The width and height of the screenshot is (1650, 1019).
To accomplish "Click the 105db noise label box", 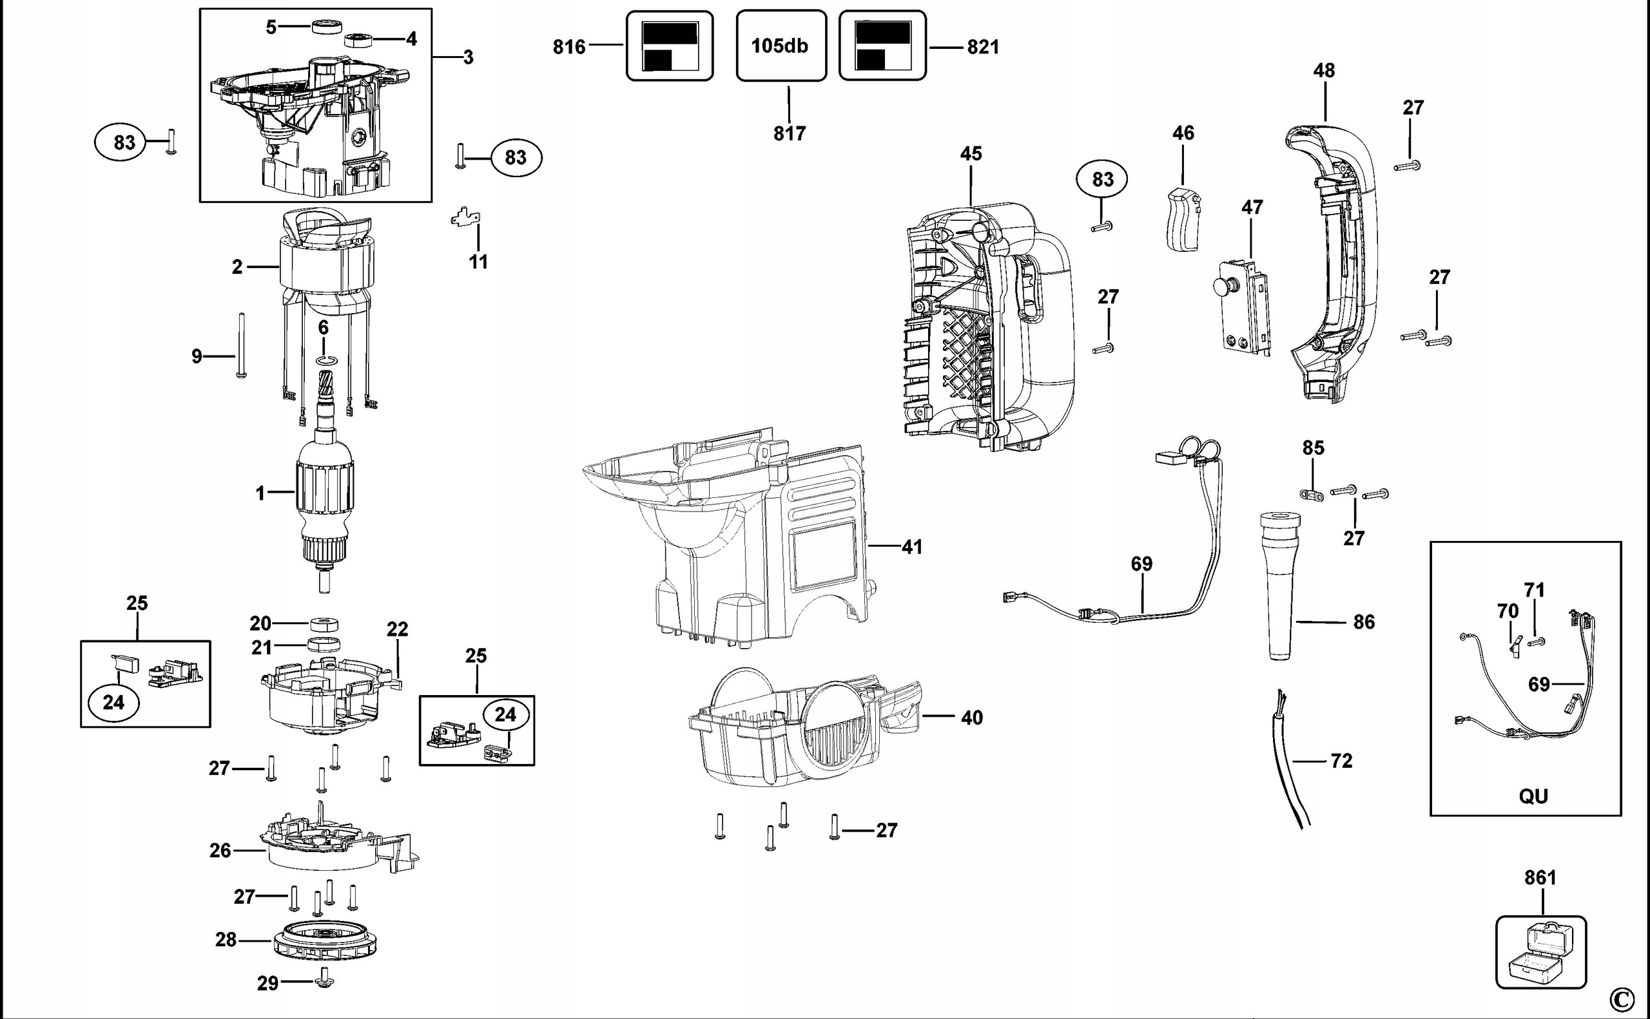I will coord(781,46).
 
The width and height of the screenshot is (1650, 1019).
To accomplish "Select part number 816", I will coord(569,46).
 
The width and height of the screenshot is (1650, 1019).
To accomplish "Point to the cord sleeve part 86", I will coord(1280,586).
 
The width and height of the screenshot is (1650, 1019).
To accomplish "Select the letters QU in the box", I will coord(1533,796).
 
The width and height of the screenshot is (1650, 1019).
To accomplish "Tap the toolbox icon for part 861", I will coord(1541,951).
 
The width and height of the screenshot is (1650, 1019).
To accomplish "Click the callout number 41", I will coord(912,547).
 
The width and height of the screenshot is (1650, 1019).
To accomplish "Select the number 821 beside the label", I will coord(983,46).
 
